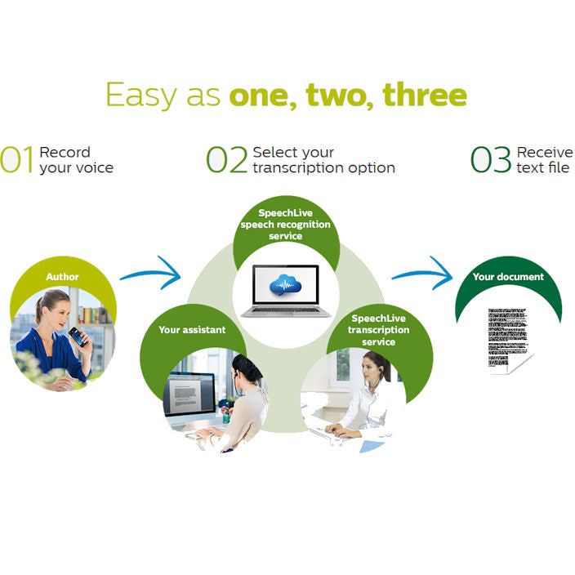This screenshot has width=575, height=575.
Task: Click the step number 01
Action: (x=18, y=161)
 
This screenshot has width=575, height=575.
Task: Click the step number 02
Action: (x=226, y=161)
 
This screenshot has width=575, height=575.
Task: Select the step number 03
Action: (x=491, y=161)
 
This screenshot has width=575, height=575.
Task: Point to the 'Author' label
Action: (x=62, y=277)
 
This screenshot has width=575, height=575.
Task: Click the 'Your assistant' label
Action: (x=192, y=330)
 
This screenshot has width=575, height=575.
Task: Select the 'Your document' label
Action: (x=508, y=277)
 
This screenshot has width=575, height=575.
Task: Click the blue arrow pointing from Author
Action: (x=152, y=272)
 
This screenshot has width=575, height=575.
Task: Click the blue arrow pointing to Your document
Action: (x=422, y=272)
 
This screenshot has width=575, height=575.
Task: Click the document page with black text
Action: (x=510, y=340)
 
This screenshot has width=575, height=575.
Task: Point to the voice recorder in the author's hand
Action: (x=75, y=336)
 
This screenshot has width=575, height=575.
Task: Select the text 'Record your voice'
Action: (x=76, y=160)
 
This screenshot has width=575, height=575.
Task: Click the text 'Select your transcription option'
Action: (x=323, y=160)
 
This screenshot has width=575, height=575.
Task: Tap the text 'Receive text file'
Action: (x=545, y=160)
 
